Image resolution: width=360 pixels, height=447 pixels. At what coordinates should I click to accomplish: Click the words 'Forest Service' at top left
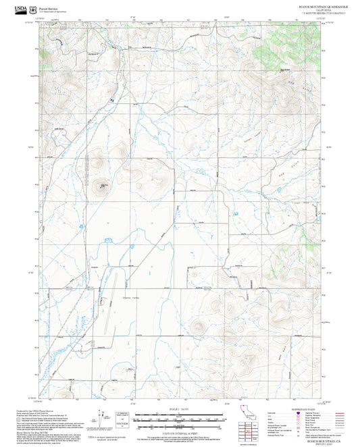pyautogui.click(x=49, y=8)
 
